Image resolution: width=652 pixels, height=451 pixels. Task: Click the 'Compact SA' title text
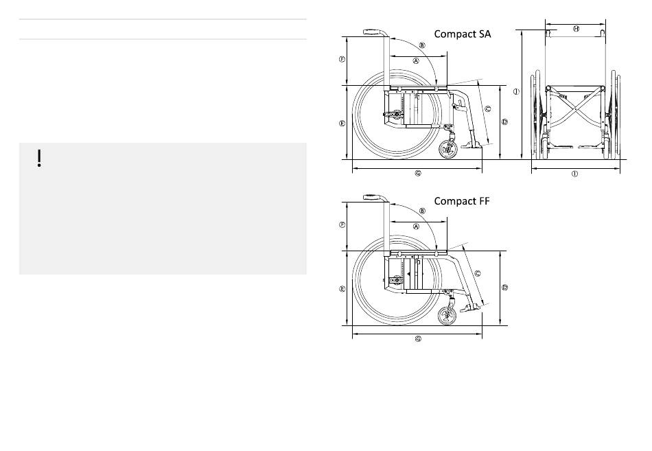(462, 34)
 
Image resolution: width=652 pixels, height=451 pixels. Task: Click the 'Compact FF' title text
(462, 201)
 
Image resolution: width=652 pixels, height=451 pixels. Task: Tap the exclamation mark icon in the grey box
(39, 159)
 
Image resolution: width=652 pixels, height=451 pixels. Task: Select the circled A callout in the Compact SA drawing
(416, 61)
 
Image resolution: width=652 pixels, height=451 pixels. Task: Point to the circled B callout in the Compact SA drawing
(422, 45)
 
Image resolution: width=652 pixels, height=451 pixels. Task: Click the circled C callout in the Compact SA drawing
(488, 109)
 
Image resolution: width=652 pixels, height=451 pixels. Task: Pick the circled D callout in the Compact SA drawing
(505, 122)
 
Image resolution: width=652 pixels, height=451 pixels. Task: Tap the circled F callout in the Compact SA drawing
(342, 59)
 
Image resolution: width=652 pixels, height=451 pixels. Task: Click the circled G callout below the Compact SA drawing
(419, 174)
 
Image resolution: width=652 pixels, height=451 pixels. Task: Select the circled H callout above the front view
(576, 29)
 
